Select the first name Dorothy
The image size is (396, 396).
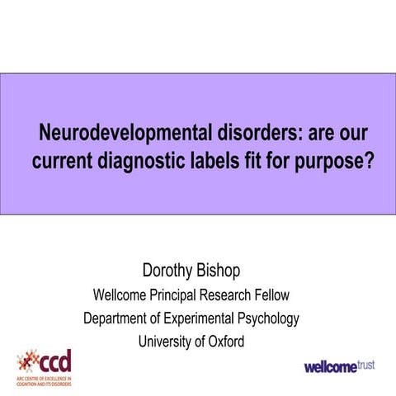click(x=171, y=271)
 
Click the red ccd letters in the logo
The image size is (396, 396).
click(x=57, y=360)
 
